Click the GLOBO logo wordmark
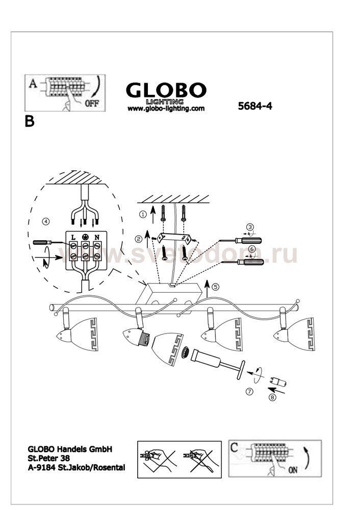click(x=166, y=91)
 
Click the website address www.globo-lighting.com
click(x=166, y=109)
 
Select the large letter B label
click(x=30, y=122)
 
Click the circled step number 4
click(x=46, y=221)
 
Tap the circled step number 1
click(x=143, y=214)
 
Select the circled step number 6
click(x=250, y=249)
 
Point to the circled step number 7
click(x=249, y=392)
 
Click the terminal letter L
click(x=73, y=237)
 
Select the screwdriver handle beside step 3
click(x=252, y=239)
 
